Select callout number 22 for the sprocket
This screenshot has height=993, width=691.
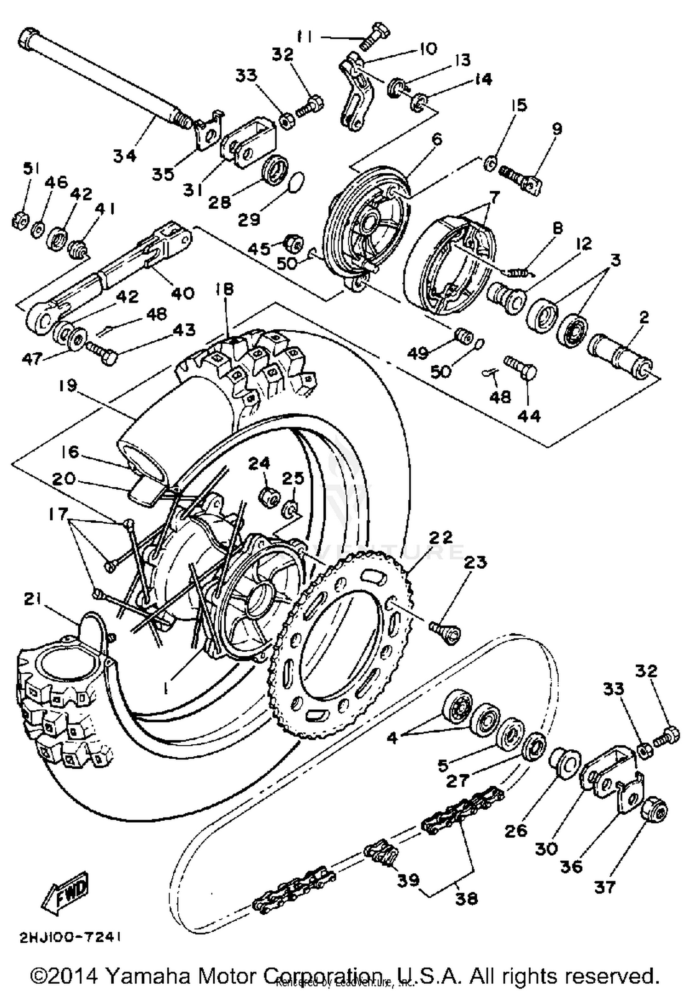[x=441, y=537]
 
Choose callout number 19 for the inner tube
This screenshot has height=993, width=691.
[x=68, y=385]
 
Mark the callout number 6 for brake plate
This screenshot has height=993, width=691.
[x=437, y=139]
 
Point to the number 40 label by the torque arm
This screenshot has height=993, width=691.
[x=183, y=293]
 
